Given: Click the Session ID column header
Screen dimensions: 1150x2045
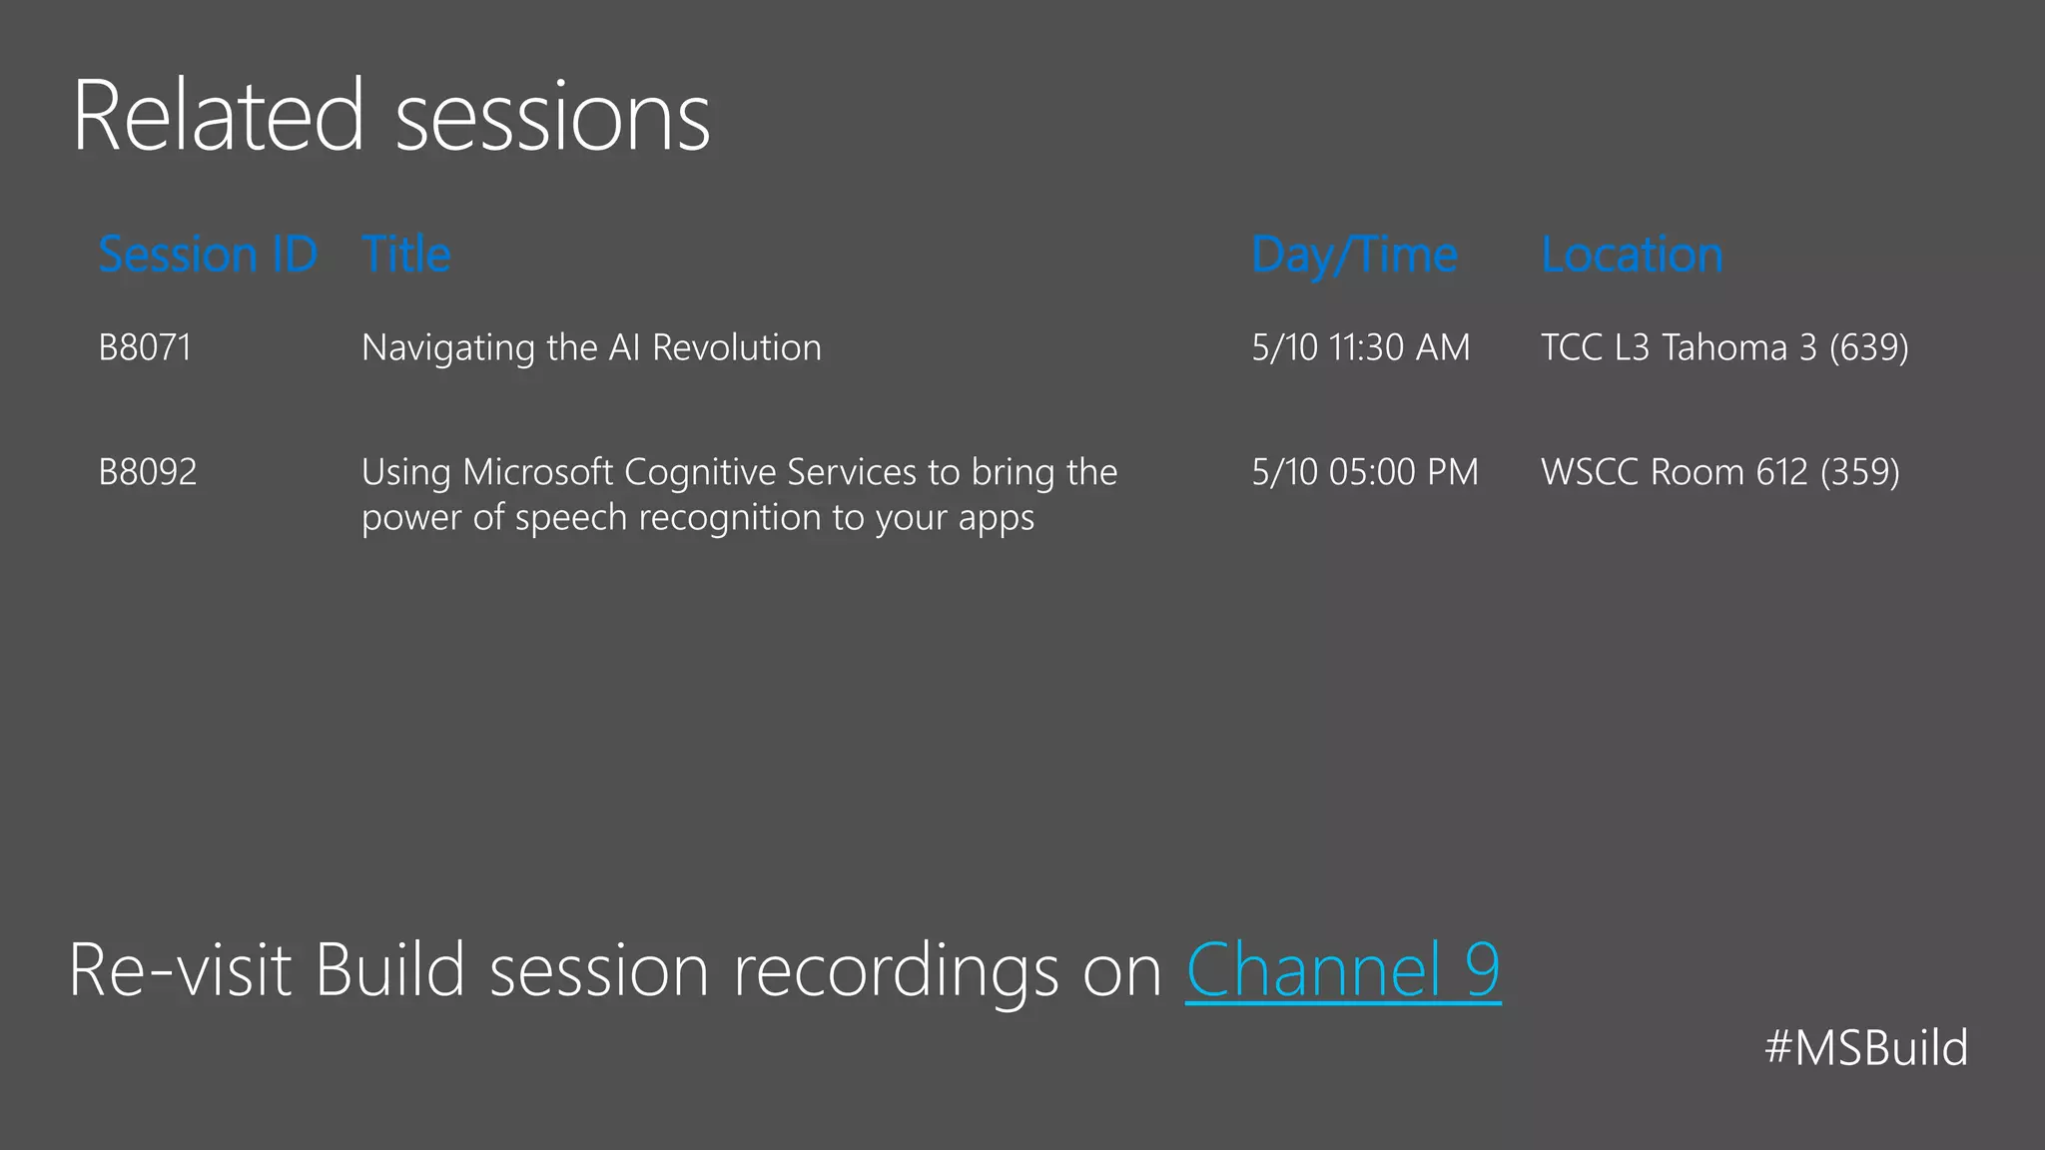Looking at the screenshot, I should click(x=208, y=255).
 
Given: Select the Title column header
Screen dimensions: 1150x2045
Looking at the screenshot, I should click(x=406, y=255).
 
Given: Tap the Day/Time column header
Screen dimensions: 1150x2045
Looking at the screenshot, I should click(x=1354, y=256).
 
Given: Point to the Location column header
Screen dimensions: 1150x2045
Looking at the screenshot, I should click(x=1632, y=255).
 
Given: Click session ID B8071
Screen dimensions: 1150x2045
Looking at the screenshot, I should click(x=145, y=347).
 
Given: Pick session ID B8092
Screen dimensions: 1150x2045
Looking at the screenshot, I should click(x=148, y=471).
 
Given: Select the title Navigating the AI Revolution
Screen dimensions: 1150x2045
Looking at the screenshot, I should click(x=591, y=347).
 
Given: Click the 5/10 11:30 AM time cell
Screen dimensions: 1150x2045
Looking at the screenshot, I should click(x=1360, y=347).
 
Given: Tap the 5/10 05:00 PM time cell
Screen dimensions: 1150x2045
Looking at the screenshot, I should click(x=1365, y=471).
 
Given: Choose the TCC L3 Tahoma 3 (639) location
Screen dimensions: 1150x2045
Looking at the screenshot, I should click(x=1724, y=347).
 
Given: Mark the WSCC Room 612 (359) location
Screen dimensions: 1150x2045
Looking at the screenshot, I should click(x=1719, y=471).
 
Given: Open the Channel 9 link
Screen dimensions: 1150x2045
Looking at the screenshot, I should click(x=1343, y=969).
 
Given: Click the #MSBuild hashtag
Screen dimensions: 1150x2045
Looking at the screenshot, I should click(x=1865, y=1048).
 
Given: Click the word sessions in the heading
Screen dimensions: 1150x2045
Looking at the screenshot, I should click(x=553, y=118).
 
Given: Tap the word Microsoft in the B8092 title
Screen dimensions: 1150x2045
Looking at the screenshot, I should click(x=537, y=471).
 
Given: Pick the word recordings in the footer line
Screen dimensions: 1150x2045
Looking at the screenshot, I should click(x=896, y=971).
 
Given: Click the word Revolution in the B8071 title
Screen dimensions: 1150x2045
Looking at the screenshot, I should click(x=737, y=347).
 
